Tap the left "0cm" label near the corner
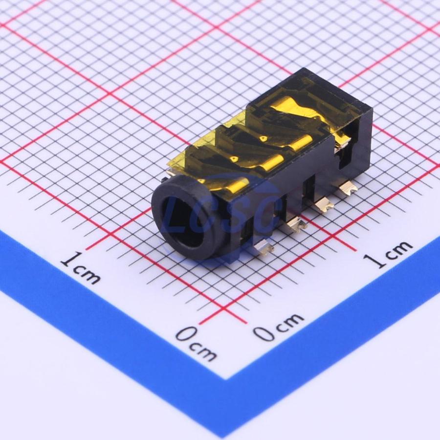click(x=197, y=344)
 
